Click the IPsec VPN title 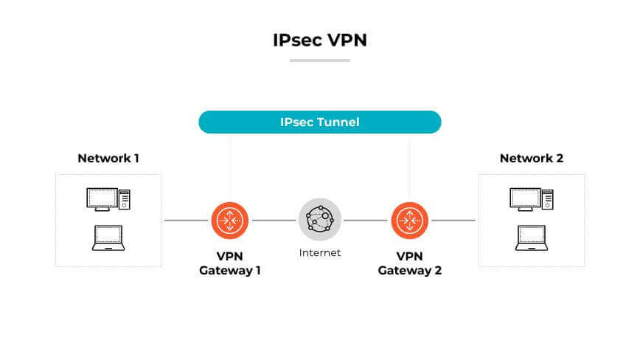(319, 40)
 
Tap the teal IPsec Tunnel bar (319, 122)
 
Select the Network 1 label (108, 158)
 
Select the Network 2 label (531, 158)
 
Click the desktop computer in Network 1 (108, 198)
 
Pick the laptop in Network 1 (108, 238)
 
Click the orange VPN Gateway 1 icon (230, 220)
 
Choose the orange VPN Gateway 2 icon (410, 220)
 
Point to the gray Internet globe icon (320, 220)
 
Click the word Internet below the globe (320, 253)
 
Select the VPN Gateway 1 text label (230, 263)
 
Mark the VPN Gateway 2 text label (410, 263)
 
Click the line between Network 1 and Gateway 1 (185, 220)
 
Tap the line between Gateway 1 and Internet (274, 220)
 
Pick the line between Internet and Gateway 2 (366, 220)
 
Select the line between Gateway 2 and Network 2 (453, 220)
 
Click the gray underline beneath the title (319, 60)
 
